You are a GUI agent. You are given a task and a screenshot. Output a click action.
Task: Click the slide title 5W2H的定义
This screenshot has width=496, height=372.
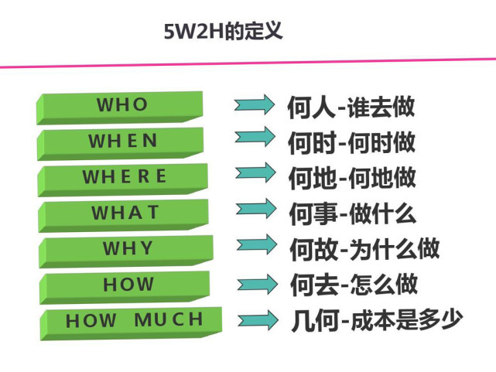[x=223, y=31]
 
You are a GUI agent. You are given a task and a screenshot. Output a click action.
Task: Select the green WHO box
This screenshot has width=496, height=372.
[x=120, y=108]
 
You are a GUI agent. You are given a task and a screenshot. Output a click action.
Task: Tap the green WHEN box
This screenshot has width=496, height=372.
[x=120, y=144]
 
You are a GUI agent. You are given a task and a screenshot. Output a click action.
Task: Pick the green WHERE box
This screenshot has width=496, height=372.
[x=123, y=179]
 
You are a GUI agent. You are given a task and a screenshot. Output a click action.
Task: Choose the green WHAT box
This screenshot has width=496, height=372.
[x=123, y=216]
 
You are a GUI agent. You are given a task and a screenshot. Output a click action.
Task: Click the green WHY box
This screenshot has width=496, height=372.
[x=126, y=251]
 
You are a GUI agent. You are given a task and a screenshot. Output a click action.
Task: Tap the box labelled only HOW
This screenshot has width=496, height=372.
[x=125, y=287]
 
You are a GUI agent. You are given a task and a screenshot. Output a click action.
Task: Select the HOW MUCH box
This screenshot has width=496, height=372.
[x=131, y=323]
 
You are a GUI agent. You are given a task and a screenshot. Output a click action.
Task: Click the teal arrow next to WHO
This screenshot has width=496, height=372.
[x=255, y=104]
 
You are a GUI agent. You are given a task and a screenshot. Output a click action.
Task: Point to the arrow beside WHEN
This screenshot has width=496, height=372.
[x=255, y=137]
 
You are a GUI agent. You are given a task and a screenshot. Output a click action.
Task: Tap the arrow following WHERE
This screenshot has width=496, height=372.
[x=255, y=172]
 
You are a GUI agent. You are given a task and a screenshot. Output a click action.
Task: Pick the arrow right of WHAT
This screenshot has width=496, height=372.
[x=256, y=209]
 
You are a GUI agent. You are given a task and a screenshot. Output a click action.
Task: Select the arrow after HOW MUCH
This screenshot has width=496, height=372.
[x=258, y=320]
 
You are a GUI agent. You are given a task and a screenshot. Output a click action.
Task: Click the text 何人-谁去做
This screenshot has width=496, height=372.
[x=351, y=108]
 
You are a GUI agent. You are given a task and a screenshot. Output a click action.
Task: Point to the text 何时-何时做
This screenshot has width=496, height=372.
[x=351, y=143]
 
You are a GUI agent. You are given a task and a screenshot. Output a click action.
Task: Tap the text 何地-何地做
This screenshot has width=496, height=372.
[x=352, y=178]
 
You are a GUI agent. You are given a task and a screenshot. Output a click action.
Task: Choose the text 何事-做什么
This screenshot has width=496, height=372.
[x=353, y=214]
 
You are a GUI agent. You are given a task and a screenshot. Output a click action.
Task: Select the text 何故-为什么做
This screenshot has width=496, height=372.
[x=364, y=249]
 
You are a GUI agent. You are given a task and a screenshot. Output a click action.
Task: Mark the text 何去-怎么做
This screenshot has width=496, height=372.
[x=354, y=285]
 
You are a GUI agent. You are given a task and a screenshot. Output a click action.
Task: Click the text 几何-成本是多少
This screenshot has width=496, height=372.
[x=377, y=320]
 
